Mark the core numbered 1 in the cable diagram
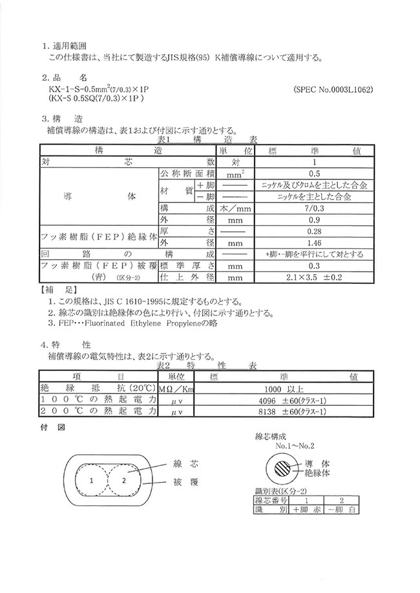coord(92,480)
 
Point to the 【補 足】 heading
coord(59,291)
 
